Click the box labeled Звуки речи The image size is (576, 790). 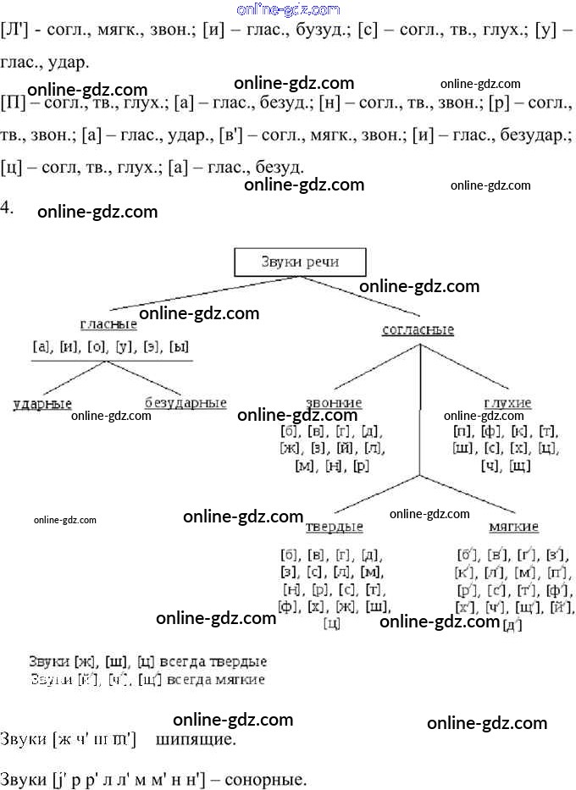pyautogui.click(x=299, y=262)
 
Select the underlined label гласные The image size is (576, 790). pyautogui.click(x=108, y=324)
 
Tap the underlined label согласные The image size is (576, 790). pyautogui.click(x=418, y=330)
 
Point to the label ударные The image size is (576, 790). pyautogui.click(x=42, y=403)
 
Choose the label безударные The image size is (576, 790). pyautogui.click(x=186, y=403)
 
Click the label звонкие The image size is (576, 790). pyautogui.click(x=333, y=403)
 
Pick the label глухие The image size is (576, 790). pyautogui.click(x=507, y=403)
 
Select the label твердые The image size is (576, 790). pyautogui.click(x=334, y=527)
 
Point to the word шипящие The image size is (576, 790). pyautogui.click(x=196, y=739)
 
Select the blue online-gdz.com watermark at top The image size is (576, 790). pyautogui.click(x=288, y=9)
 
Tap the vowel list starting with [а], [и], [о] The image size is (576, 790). pyautogui.click(x=109, y=346)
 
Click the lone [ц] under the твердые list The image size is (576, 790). pyautogui.click(x=332, y=624)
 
